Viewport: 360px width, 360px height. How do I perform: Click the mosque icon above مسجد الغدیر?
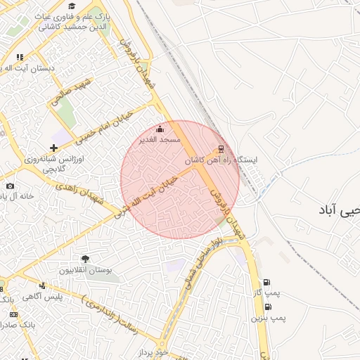coord(160,129)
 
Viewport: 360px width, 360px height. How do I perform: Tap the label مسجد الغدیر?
coord(161,140)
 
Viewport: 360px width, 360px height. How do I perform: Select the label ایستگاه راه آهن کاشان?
coord(221,160)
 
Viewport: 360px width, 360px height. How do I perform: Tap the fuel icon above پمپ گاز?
coord(266,283)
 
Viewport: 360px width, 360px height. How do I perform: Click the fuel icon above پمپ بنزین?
coord(268,307)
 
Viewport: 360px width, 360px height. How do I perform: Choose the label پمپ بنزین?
coord(267,318)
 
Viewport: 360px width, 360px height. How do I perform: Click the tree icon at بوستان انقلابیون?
coord(86,259)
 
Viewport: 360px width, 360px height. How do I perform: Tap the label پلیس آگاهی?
coord(43,296)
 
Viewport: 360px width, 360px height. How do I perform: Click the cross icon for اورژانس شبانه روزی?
coord(53,148)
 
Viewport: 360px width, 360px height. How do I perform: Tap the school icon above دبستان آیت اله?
coord(20,58)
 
